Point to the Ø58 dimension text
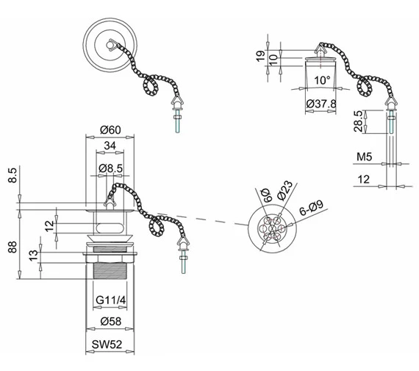pos(110,322)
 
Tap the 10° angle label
pos(320,79)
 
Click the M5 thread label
pos(363,158)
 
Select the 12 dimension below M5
pos(364,180)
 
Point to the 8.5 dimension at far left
pos(12,177)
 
